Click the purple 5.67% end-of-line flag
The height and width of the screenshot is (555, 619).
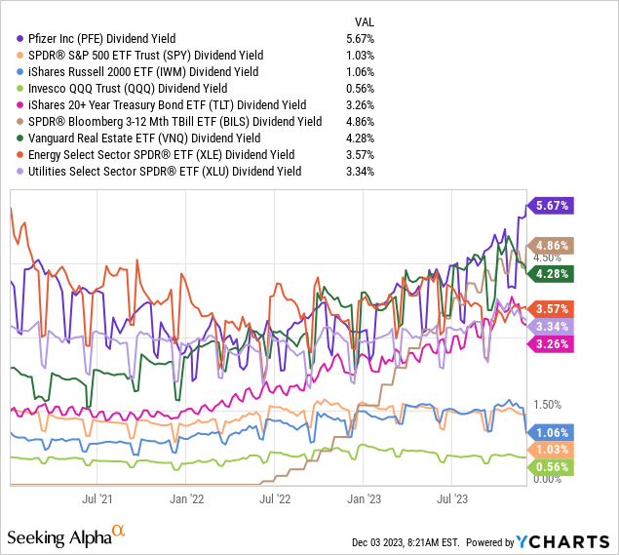551,205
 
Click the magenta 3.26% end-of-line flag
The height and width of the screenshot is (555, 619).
551,343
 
